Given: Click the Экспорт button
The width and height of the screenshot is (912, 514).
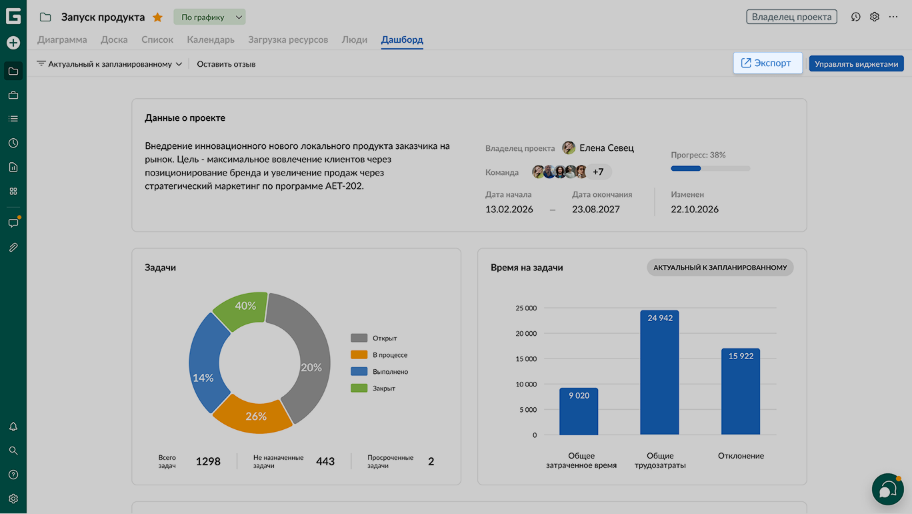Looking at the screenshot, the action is tap(767, 63).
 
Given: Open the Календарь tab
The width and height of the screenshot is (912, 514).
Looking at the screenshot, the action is tap(211, 39).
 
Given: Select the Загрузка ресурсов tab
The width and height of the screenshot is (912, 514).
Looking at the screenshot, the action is tap(288, 39).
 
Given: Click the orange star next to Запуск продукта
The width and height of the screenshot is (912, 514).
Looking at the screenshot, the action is tap(157, 17).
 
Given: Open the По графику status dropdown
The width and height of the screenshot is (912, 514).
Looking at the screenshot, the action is tap(209, 17).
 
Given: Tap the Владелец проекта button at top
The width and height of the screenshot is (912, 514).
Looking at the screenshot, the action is tap(791, 17).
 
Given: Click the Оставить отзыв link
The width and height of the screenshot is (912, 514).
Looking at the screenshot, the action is tap(226, 64).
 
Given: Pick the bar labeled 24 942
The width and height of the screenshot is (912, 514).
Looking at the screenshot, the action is tap(659, 372).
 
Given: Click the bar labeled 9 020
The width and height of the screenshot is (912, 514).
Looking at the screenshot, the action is tap(579, 411).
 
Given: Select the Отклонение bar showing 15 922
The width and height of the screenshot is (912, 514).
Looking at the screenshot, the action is tap(741, 392).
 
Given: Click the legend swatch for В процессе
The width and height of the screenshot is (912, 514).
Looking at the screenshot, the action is tap(359, 354).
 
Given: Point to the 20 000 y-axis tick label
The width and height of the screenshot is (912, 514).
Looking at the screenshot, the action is tap(526, 333).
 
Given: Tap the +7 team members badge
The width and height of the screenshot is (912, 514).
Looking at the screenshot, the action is tap(598, 172).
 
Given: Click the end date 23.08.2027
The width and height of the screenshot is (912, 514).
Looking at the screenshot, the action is tap(595, 209).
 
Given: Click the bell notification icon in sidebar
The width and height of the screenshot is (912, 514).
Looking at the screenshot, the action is tap(13, 427).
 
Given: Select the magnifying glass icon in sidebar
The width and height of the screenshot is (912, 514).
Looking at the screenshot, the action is tap(13, 451).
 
